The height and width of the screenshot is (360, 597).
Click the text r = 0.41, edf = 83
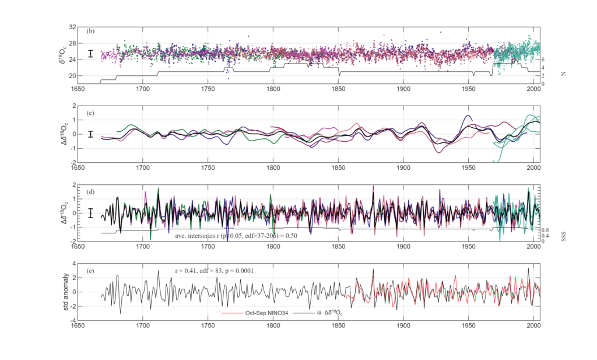[x=208, y=271]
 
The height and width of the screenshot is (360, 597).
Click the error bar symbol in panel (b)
[x=90, y=54]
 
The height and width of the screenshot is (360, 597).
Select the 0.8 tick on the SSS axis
[x=547, y=230]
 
